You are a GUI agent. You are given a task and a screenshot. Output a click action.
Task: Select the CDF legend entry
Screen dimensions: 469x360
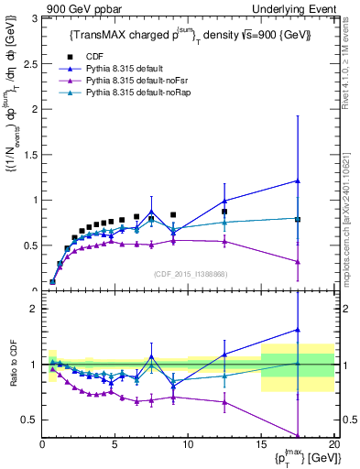coord(95,54)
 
